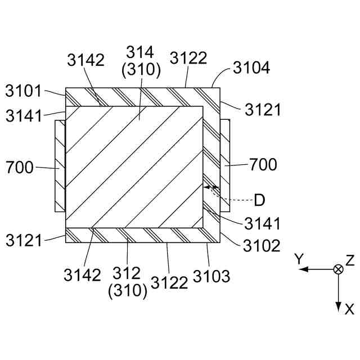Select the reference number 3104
pos(251,69)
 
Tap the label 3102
pos(261,246)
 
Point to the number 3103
pos(211,276)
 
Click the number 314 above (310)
pos(141,53)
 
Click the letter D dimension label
pos(260,200)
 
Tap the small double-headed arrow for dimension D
pos(209,187)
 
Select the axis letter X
pos(349,309)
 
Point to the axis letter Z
pos(350,259)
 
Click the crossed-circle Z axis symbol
pos(338,269)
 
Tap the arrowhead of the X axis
pos(338,307)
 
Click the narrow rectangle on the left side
pos(60,165)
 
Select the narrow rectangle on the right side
pos(224,165)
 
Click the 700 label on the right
pos(263,165)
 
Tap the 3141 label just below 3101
pos(24,116)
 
